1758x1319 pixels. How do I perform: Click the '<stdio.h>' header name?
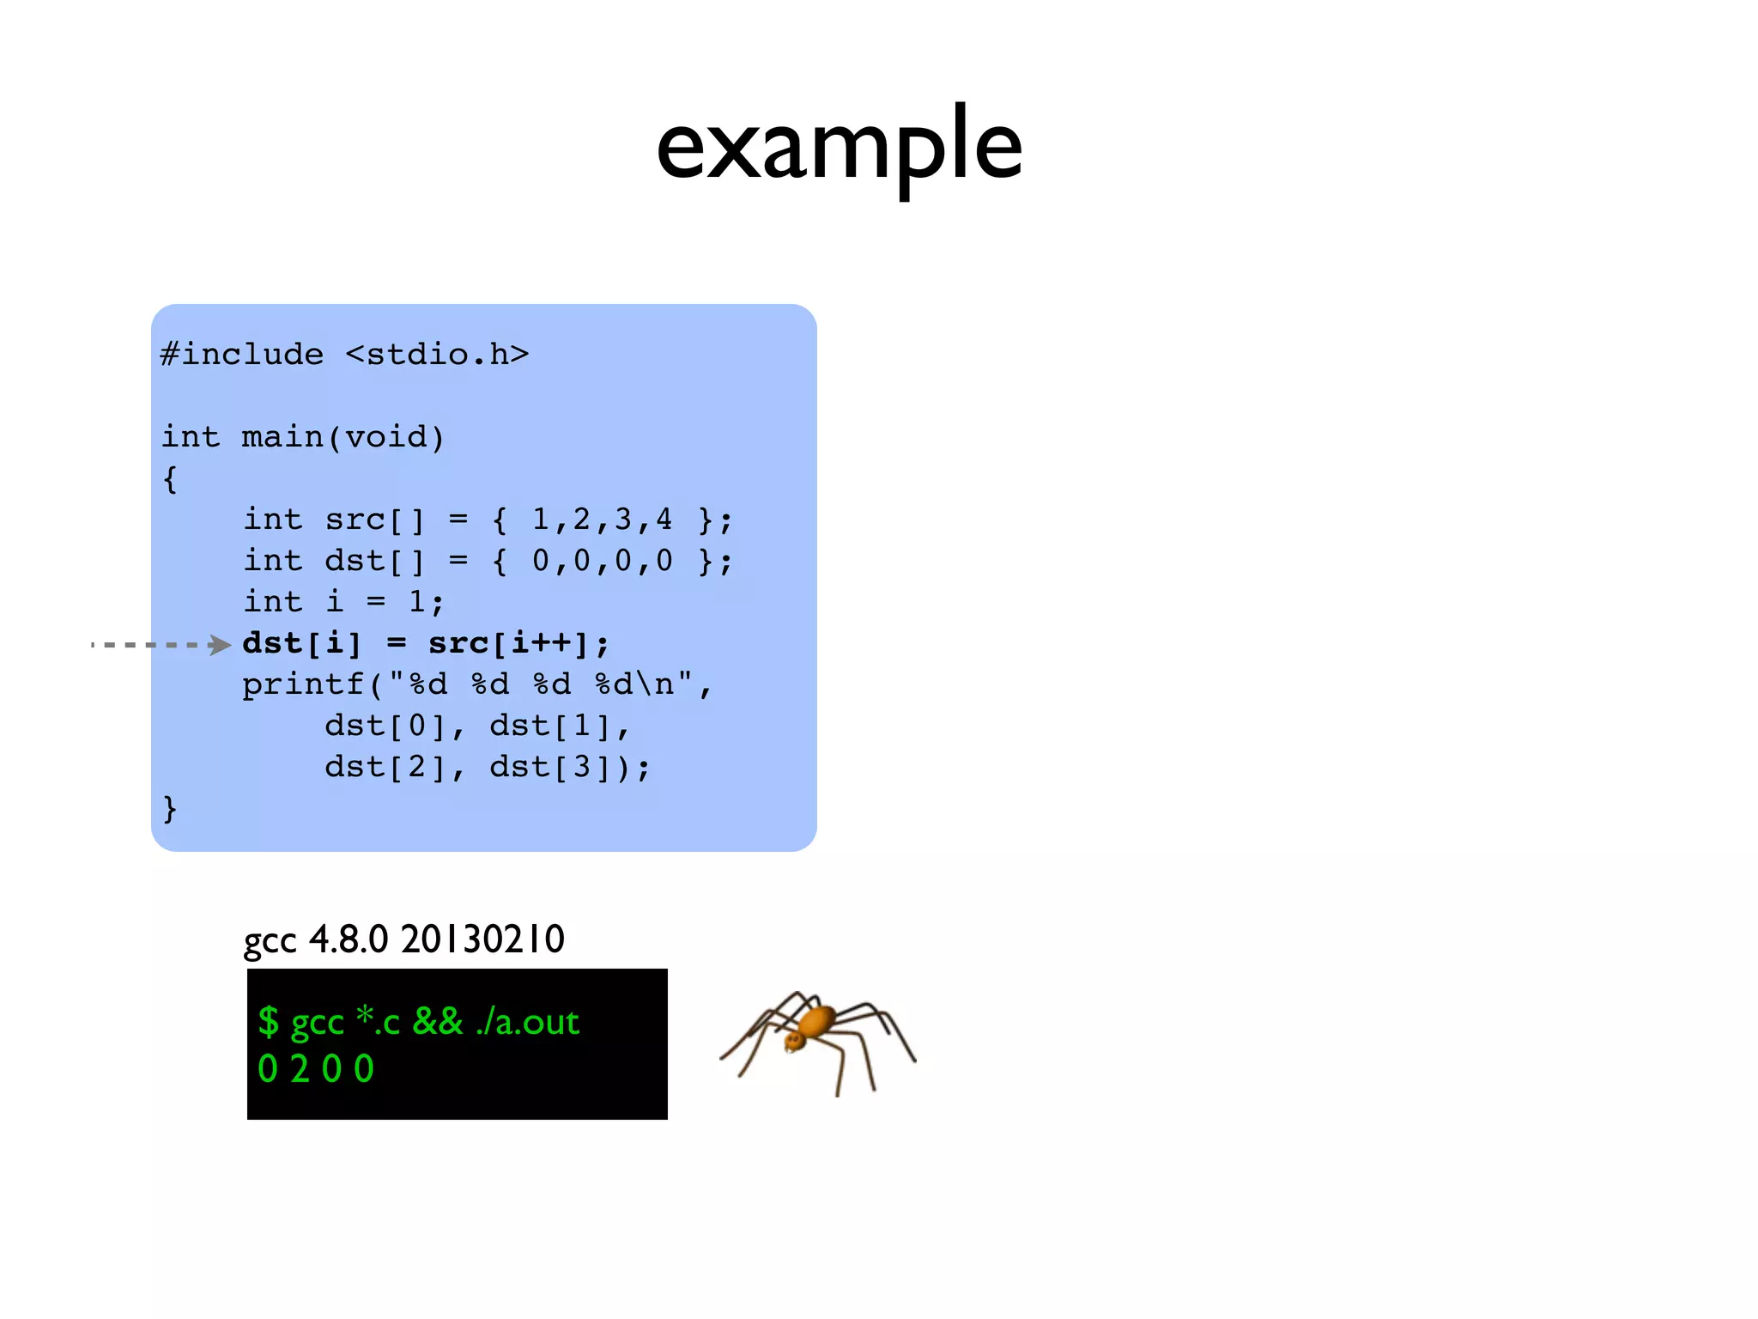click(437, 355)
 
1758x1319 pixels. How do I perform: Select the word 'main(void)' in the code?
click(343, 437)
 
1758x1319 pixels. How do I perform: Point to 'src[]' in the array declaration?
click(374, 520)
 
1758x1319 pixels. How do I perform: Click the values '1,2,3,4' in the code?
click(602, 520)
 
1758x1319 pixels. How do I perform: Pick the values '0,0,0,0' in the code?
click(602, 561)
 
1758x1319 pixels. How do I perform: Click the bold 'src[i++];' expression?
click(518, 643)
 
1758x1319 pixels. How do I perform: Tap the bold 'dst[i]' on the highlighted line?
click(302, 643)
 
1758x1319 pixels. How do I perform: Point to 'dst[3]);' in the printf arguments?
click(570, 767)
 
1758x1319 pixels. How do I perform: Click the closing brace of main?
click(170, 809)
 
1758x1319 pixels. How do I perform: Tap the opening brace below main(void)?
click(170, 479)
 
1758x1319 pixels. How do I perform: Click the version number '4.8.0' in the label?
click(349, 939)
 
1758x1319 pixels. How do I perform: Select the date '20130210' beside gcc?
click(482, 939)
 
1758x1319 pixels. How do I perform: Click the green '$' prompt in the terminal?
click(269, 1022)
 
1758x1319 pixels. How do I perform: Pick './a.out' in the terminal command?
click(528, 1022)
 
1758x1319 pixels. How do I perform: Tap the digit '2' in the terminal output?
click(300, 1069)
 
